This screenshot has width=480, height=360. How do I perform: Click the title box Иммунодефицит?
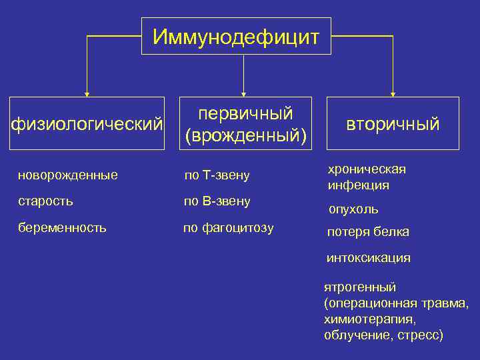click(x=236, y=36)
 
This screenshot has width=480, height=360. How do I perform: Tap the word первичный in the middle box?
click(x=246, y=113)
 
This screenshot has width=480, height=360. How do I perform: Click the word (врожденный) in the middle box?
click(x=246, y=135)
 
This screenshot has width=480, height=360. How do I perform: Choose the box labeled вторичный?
click(x=393, y=124)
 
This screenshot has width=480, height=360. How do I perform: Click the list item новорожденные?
click(x=68, y=175)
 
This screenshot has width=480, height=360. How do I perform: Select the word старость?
click(x=46, y=201)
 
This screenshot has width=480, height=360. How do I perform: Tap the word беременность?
click(x=62, y=227)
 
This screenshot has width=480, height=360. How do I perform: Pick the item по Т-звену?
click(x=217, y=175)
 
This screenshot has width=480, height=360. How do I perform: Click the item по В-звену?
click(x=217, y=201)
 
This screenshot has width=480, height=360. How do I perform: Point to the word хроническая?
click(x=366, y=169)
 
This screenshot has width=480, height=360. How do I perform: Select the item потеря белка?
click(x=367, y=232)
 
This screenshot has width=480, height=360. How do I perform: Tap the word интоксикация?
click(x=368, y=257)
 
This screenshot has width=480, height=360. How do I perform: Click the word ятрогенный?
click(x=359, y=287)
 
